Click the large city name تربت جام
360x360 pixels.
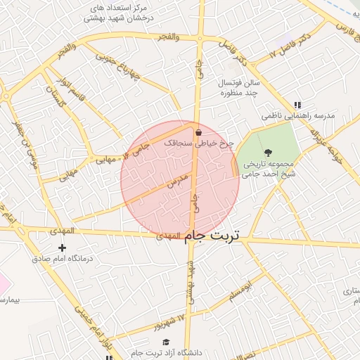(x=212, y=236)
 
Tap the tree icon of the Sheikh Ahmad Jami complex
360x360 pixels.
(x=268, y=153)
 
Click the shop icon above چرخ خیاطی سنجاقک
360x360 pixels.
(x=199, y=131)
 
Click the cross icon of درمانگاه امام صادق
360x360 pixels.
(x=63, y=247)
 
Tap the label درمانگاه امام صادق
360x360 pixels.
(x=63, y=259)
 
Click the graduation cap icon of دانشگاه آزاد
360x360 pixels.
(x=166, y=342)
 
